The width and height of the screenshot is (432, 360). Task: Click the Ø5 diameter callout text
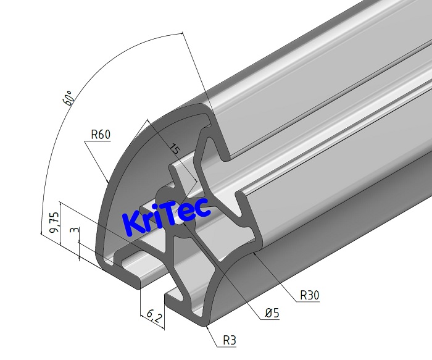(x=272, y=314)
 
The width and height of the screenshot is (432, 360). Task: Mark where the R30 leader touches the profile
(x=254, y=253)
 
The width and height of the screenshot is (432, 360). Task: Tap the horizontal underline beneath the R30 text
(x=310, y=303)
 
